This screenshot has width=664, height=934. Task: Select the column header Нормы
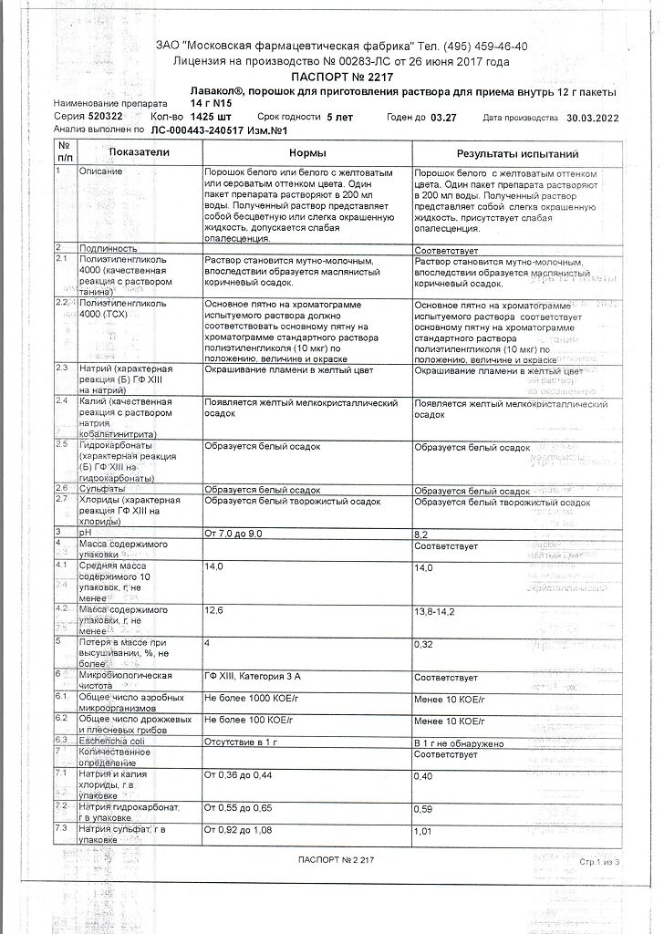click(306, 154)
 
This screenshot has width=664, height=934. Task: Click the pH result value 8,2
click(421, 532)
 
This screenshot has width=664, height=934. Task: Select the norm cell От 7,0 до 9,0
click(234, 532)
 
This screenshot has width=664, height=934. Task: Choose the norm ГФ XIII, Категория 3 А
click(260, 677)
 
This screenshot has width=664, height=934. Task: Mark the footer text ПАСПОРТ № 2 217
click(336, 860)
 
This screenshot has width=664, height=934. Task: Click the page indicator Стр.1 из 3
click(597, 861)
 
